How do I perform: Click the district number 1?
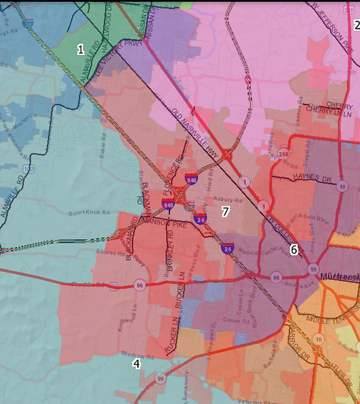click(81, 48)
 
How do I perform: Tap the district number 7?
click(226, 211)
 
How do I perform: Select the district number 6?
click(294, 249)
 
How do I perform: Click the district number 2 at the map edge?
click(357, 24)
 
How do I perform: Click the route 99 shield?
click(160, 378)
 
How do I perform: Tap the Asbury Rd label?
click(227, 199)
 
